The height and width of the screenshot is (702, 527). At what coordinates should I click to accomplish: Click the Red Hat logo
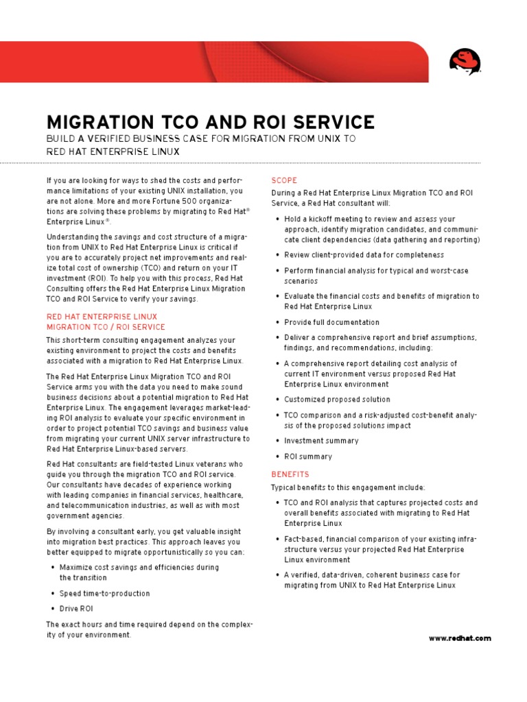[465, 62]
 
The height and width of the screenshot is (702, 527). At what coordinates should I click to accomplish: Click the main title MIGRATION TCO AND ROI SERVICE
[210, 123]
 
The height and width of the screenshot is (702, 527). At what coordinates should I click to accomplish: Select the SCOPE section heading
[284, 180]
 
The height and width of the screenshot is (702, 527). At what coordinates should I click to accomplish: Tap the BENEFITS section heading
[290, 474]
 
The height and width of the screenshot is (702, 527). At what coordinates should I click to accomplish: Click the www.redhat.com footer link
[460, 638]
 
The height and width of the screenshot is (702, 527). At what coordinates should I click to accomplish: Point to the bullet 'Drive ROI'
[76, 609]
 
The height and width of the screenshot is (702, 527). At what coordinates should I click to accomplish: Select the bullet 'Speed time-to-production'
[104, 594]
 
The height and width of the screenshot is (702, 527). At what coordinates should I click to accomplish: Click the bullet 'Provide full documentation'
[331, 322]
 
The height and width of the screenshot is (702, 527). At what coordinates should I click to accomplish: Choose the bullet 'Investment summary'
[321, 441]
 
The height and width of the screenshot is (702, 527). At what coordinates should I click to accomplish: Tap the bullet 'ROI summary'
[308, 457]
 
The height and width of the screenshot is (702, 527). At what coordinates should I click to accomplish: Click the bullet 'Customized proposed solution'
[337, 399]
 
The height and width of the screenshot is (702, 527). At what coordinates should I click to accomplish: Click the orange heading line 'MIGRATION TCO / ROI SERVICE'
[106, 327]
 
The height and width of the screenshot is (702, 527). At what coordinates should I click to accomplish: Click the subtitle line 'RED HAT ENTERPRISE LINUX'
[113, 152]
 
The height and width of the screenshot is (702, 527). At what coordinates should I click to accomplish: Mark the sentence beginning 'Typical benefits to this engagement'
[348, 487]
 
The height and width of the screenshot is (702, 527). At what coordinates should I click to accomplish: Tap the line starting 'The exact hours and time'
[150, 625]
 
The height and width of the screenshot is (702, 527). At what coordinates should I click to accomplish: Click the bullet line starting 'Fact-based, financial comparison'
[380, 539]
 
